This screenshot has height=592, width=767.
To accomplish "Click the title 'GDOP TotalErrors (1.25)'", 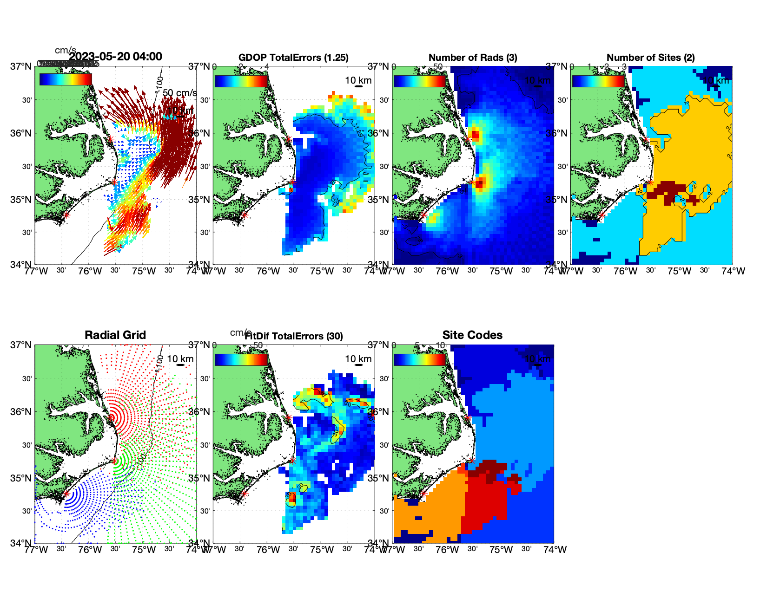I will pyautogui.click(x=293, y=58).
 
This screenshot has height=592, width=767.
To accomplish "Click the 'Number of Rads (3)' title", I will pyautogui.click(x=473, y=58).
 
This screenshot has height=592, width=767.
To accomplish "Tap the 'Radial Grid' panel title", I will pyautogui.click(x=115, y=335).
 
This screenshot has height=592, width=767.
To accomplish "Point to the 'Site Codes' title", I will pyautogui.click(x=472, y=335).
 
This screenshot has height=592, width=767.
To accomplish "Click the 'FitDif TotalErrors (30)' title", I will pyautogui.click(x=294, y=336).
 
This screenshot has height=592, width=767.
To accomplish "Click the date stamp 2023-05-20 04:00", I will pyautogui.click(x=115, y=57).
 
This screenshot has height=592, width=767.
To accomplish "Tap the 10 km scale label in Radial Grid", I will pyautogui.click(x=180, y=359).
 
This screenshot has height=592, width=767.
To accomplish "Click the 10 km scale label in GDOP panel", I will pyautogui.click(x=358, y=80).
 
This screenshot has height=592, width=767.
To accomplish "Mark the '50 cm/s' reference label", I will pyautogui.click(x=179, y=93).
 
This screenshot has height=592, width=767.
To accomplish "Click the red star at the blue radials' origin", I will pyautogui.click(x=66, y=494).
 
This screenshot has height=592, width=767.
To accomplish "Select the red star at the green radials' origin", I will pyautogui.click(x=114, y=461).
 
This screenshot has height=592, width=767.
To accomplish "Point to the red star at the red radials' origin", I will pyautogui.click(x=111, y=417).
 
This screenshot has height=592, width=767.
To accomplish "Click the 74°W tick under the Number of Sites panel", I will pyautogui.click(x=733, y=272).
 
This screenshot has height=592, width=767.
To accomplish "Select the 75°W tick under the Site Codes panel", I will pyautogui.click(x=501, y=550).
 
